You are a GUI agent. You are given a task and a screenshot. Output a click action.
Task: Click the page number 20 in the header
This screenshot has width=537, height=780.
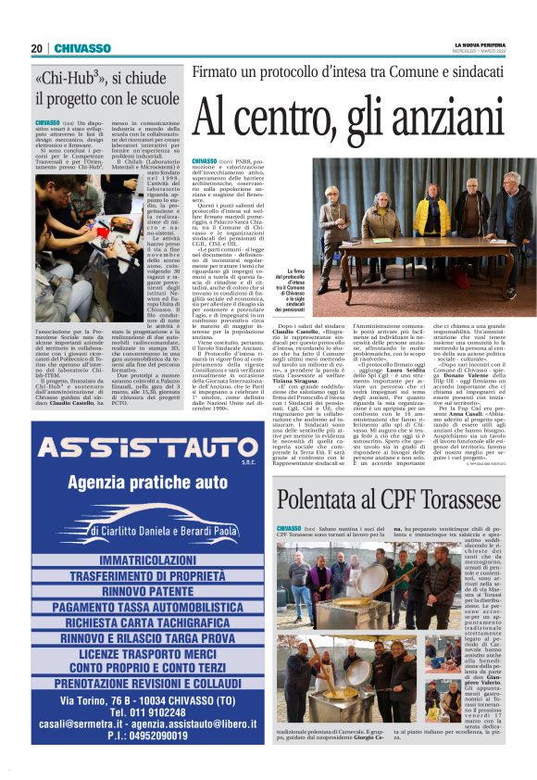pyautogui.click(x=37, y=48)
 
